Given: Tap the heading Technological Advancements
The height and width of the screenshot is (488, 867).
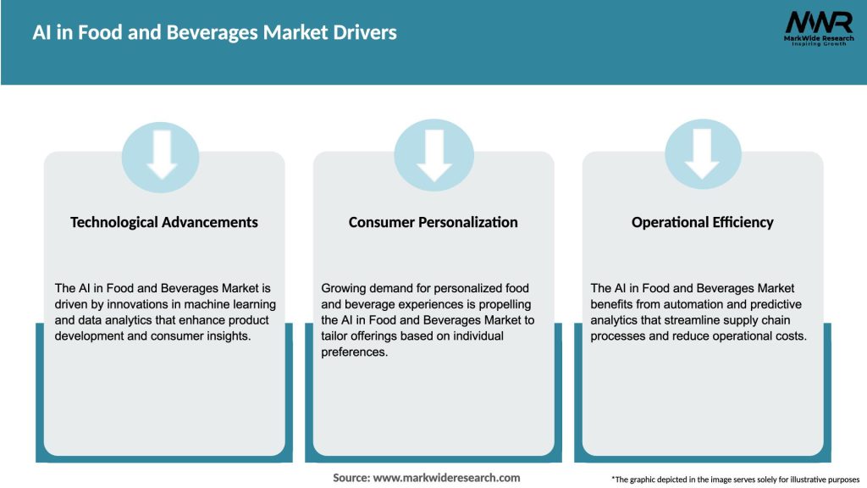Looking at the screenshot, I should point(164,222).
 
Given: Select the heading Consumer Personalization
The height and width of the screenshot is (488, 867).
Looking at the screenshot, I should point(433,222).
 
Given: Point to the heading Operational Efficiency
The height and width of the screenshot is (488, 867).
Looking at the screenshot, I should point(702,222).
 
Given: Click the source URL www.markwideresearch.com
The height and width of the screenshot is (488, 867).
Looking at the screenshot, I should point(446,478).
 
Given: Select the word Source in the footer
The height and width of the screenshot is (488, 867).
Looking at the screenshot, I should point(351,478).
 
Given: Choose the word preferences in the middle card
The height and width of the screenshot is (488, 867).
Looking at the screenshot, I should point(354,352).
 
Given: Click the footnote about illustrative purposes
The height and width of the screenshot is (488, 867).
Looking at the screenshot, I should point(735,480).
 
